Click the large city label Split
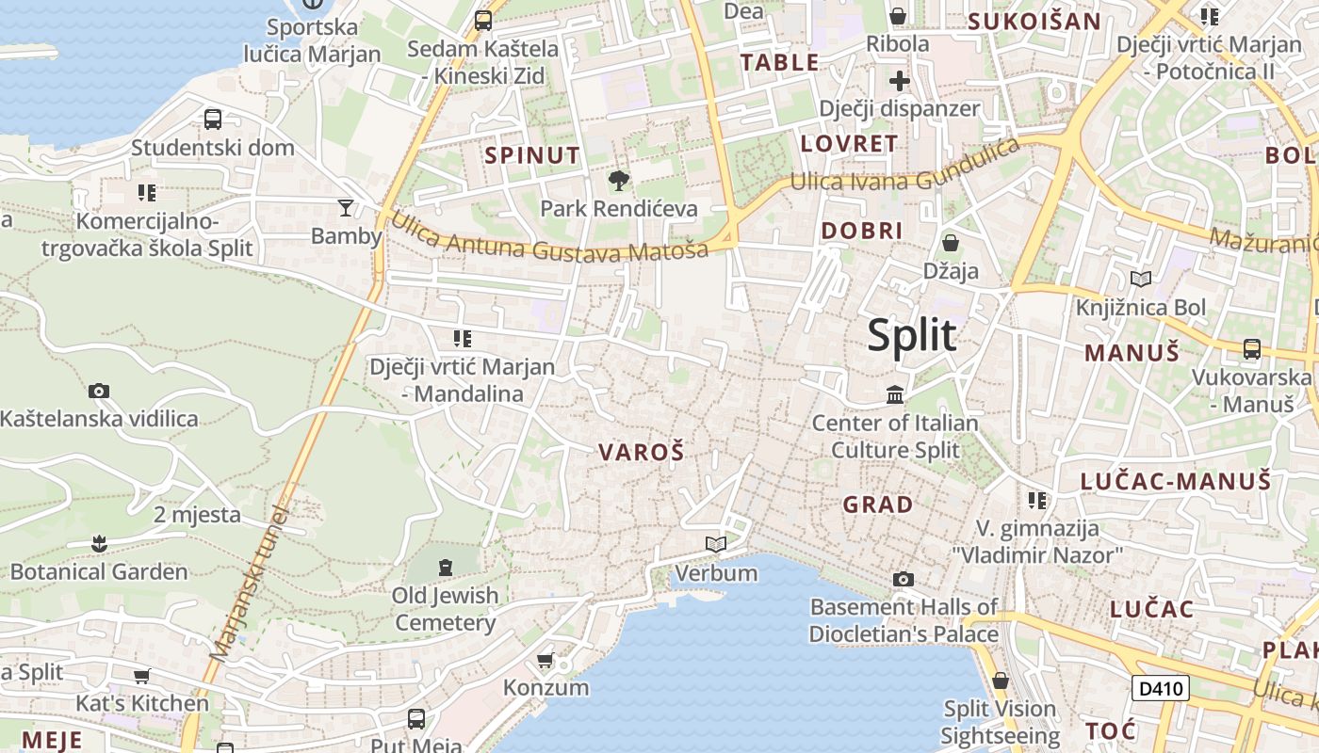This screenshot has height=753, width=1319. click(x=911, y=335)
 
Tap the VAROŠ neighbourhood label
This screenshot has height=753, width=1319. click(x=641, y=452)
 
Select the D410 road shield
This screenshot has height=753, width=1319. click(x=1160, y=688)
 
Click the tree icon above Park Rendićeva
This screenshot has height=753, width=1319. click(x=619, y=180)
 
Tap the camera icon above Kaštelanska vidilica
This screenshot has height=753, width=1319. click(x=99, y=391)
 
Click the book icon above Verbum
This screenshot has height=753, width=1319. click(x=716, y=545)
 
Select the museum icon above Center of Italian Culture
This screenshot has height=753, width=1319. click(x=895, y=394)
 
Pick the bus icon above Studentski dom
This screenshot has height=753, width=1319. click(x=213, y=120)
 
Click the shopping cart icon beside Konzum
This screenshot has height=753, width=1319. click(x=545, y=660)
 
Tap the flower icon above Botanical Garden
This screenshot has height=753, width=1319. click(x=99, y=543)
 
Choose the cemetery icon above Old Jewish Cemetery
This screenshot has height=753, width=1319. click(x=445, y=567)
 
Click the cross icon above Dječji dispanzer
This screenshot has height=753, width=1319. click(x=899, y=80)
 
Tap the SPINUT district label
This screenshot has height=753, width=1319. click(x=532, y=155)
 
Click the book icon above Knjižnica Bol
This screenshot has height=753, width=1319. click(x=1141, y=279)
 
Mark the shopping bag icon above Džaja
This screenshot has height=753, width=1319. click(x=951, y=243)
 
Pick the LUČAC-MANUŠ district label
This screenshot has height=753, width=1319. click(x=1175, y=481)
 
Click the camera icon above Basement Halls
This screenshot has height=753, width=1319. click(x=903, y=579)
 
